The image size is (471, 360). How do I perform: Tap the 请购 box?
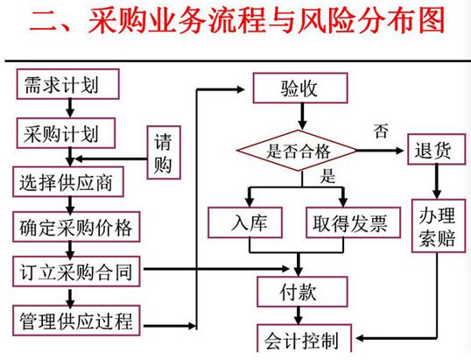tap(163, 153)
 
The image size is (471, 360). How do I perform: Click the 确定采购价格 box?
tap(74, 228)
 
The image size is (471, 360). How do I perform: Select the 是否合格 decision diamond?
tap(300, 148)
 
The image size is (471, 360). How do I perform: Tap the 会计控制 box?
tap(300, 340)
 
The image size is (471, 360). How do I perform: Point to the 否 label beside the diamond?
tap(381, 132)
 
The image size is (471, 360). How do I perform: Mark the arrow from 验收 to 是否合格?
tap(301, 115)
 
